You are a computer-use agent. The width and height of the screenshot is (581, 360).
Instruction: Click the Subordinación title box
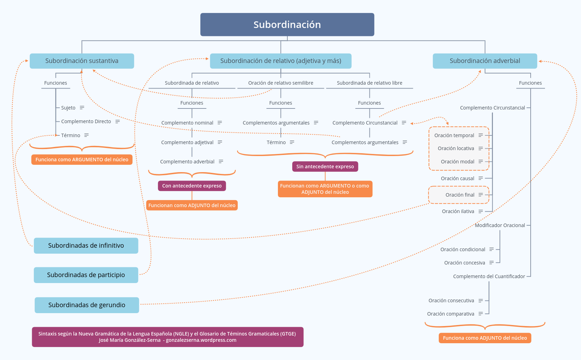tap(287, 24)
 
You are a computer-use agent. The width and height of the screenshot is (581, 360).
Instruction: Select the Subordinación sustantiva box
tap(82, 61)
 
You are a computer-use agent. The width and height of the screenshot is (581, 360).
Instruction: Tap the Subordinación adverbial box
tap(485, 61)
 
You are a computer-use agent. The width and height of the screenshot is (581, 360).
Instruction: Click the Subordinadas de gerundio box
tap(87, 305)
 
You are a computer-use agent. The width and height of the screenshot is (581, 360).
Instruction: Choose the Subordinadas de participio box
tap(86, 275)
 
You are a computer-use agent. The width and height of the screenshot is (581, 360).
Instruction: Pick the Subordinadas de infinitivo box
tap(86, 246)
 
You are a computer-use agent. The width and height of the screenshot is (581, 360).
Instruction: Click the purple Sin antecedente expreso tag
tap(325, 167)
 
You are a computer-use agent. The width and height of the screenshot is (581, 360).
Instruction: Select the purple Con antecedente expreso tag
tap(192, 186)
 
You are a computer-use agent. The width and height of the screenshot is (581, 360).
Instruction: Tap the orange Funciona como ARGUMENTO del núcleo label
tap(82, 160)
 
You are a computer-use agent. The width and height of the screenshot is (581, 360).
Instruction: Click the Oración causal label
tap(457, 178)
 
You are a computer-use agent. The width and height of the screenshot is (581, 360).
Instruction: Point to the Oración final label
tap(460, 195)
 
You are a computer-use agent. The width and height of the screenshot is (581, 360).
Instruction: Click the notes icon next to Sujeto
tap(82, 108)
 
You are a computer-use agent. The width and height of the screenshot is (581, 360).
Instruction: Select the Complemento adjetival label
tap(187, 142)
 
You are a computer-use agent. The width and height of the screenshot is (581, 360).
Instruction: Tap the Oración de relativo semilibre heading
tap(280, 83)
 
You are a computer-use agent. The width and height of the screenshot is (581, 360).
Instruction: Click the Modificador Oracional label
tap(500, 225)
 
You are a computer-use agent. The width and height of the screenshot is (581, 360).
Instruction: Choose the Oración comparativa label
tap(450, 314)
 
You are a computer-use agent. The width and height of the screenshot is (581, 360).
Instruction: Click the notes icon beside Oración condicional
tap(492, 249)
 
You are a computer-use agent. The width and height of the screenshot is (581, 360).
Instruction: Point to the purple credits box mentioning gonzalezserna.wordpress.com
tap(167, 337)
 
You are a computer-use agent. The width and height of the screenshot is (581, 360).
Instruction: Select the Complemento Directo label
tap(86, 121)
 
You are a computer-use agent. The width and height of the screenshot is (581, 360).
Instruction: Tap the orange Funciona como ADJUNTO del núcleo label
tap(485, 338)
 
